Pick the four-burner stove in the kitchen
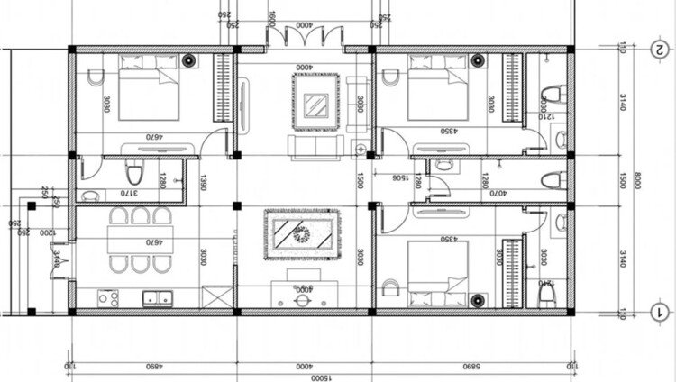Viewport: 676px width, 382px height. (108, 296)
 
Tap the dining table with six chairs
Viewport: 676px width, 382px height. (135, 241)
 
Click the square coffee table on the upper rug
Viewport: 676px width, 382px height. (315, 105)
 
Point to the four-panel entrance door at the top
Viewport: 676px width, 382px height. (305, 36)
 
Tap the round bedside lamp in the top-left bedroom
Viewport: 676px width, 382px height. (189, 60)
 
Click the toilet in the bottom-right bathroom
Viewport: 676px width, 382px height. (546, 290)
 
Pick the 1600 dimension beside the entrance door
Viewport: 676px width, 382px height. (271, 18)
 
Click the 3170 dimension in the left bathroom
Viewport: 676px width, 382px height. (132, 192)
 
